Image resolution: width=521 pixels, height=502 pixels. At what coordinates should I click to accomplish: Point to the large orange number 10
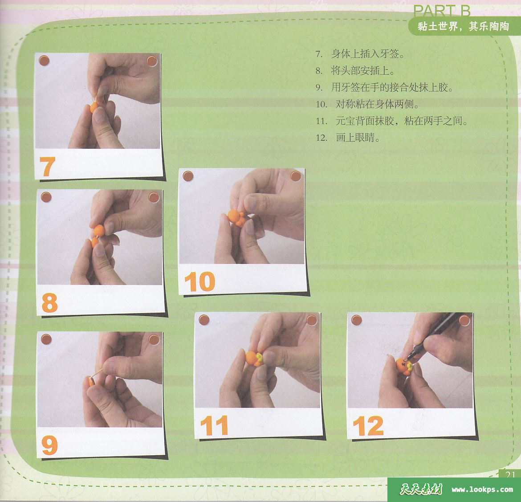(199, 282)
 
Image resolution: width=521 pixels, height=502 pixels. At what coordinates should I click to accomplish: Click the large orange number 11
(214, 425)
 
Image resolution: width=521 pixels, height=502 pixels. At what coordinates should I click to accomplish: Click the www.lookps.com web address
(482, 490)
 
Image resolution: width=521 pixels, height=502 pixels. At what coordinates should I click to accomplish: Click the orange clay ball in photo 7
(95, 107)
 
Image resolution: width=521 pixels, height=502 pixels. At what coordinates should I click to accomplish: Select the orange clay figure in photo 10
(235, 216)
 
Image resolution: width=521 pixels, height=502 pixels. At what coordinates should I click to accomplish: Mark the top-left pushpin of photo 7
(45, 61)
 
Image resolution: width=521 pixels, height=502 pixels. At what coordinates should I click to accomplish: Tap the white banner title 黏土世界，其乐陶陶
(463, 27)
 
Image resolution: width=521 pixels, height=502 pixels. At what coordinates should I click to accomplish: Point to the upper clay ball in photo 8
(98, 229)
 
